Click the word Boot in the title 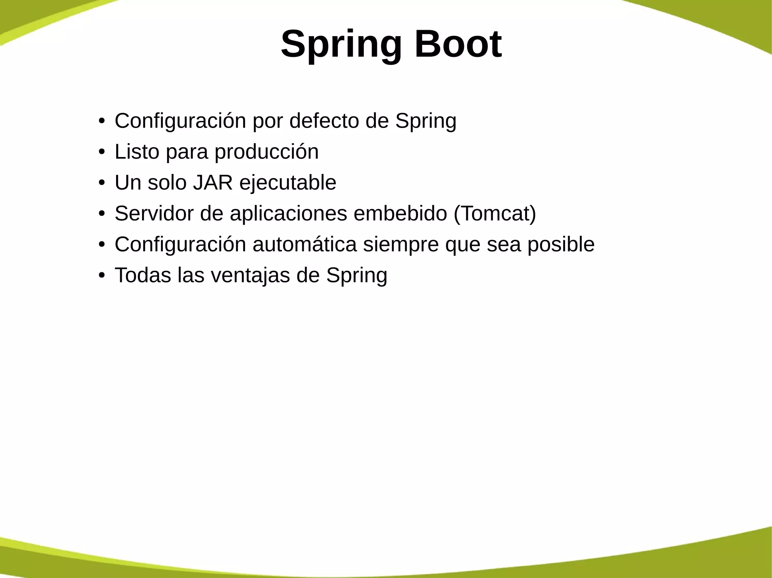pos(458,44)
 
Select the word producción pos(267,152)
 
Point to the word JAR pos(213,183)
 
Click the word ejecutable pos(288,183)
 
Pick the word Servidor pos(154,214)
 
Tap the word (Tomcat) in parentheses pos(495,214)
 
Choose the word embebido pos(400,214)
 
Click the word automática pos(304,244)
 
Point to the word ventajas pos(250,275)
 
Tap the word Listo pos(137,152)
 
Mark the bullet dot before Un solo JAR pos(101,183)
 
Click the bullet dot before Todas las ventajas pos(101,276)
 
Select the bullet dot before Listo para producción pos(101,152)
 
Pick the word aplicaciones pos(288,214)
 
